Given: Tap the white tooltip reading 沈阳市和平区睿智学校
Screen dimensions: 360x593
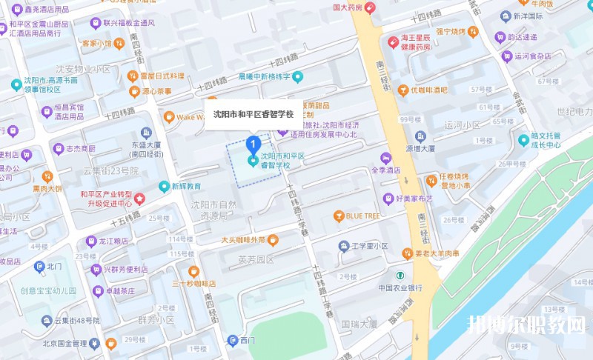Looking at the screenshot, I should coord(254,114).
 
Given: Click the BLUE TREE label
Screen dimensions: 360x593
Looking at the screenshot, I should coord(362,216).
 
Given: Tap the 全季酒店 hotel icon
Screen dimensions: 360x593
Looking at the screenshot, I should coord(385,158).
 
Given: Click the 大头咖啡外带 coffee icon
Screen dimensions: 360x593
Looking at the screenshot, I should coord(272,240).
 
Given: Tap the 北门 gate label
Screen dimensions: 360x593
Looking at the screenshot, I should coord(56,265).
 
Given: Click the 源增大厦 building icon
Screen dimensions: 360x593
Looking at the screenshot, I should coord(420,136).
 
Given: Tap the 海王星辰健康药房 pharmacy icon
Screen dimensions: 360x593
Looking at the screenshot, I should coord(392,41).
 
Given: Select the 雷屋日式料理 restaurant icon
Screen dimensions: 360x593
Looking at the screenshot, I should coord(133,76).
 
